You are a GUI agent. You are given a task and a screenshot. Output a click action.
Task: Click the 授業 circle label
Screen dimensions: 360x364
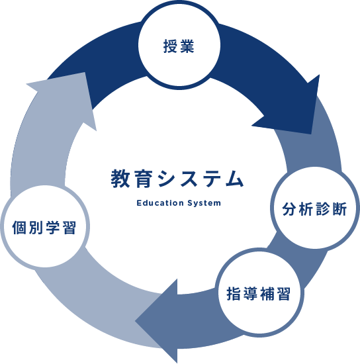pyautogui.click(x=179, y=46)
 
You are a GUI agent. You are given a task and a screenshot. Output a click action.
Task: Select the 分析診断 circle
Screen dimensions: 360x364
pyautogui.click(x=315, y=208)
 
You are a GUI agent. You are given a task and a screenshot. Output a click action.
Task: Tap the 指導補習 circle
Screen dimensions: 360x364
pyautogui.click(x=259, y=293)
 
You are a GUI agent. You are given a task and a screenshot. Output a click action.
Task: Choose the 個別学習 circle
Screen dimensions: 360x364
pyautogui.click(x=44, y=227)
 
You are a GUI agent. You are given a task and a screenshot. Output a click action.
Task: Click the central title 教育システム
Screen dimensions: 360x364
pyautogui.click(x=177, y=179)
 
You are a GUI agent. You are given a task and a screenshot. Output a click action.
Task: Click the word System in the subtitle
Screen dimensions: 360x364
pyautogui.click(x=204, y=203)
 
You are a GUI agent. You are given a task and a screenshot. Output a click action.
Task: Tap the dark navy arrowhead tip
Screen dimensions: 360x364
pyautogui.click(x=310, y=134)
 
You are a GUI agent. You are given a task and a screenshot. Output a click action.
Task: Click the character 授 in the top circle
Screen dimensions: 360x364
pyautogui.click(x=171, y=46)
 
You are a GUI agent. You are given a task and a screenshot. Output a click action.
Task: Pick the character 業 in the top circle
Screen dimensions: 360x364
pyautogui.click(x=187, y=46)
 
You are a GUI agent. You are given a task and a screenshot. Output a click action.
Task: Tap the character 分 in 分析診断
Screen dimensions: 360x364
pyautogui.click(x=289, y=209)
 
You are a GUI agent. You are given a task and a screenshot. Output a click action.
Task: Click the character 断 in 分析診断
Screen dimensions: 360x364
pyautogui.click(x=339, y=209)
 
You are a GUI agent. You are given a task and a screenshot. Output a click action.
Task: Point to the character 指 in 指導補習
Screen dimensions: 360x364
pyautogui.click(x=234, y=294)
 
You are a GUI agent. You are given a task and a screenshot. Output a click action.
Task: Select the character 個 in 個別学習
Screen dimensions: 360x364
pyautogui.click(x=19, y=227)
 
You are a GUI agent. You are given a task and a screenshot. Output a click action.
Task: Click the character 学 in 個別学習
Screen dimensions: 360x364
pyautogui.click(x=53, y=227)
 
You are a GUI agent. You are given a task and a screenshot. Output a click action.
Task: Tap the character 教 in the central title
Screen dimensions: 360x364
pyautogui.click(x=120, y=179)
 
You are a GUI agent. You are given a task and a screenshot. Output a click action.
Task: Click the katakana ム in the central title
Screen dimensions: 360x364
pyautogui.click(x=234, y=179)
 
